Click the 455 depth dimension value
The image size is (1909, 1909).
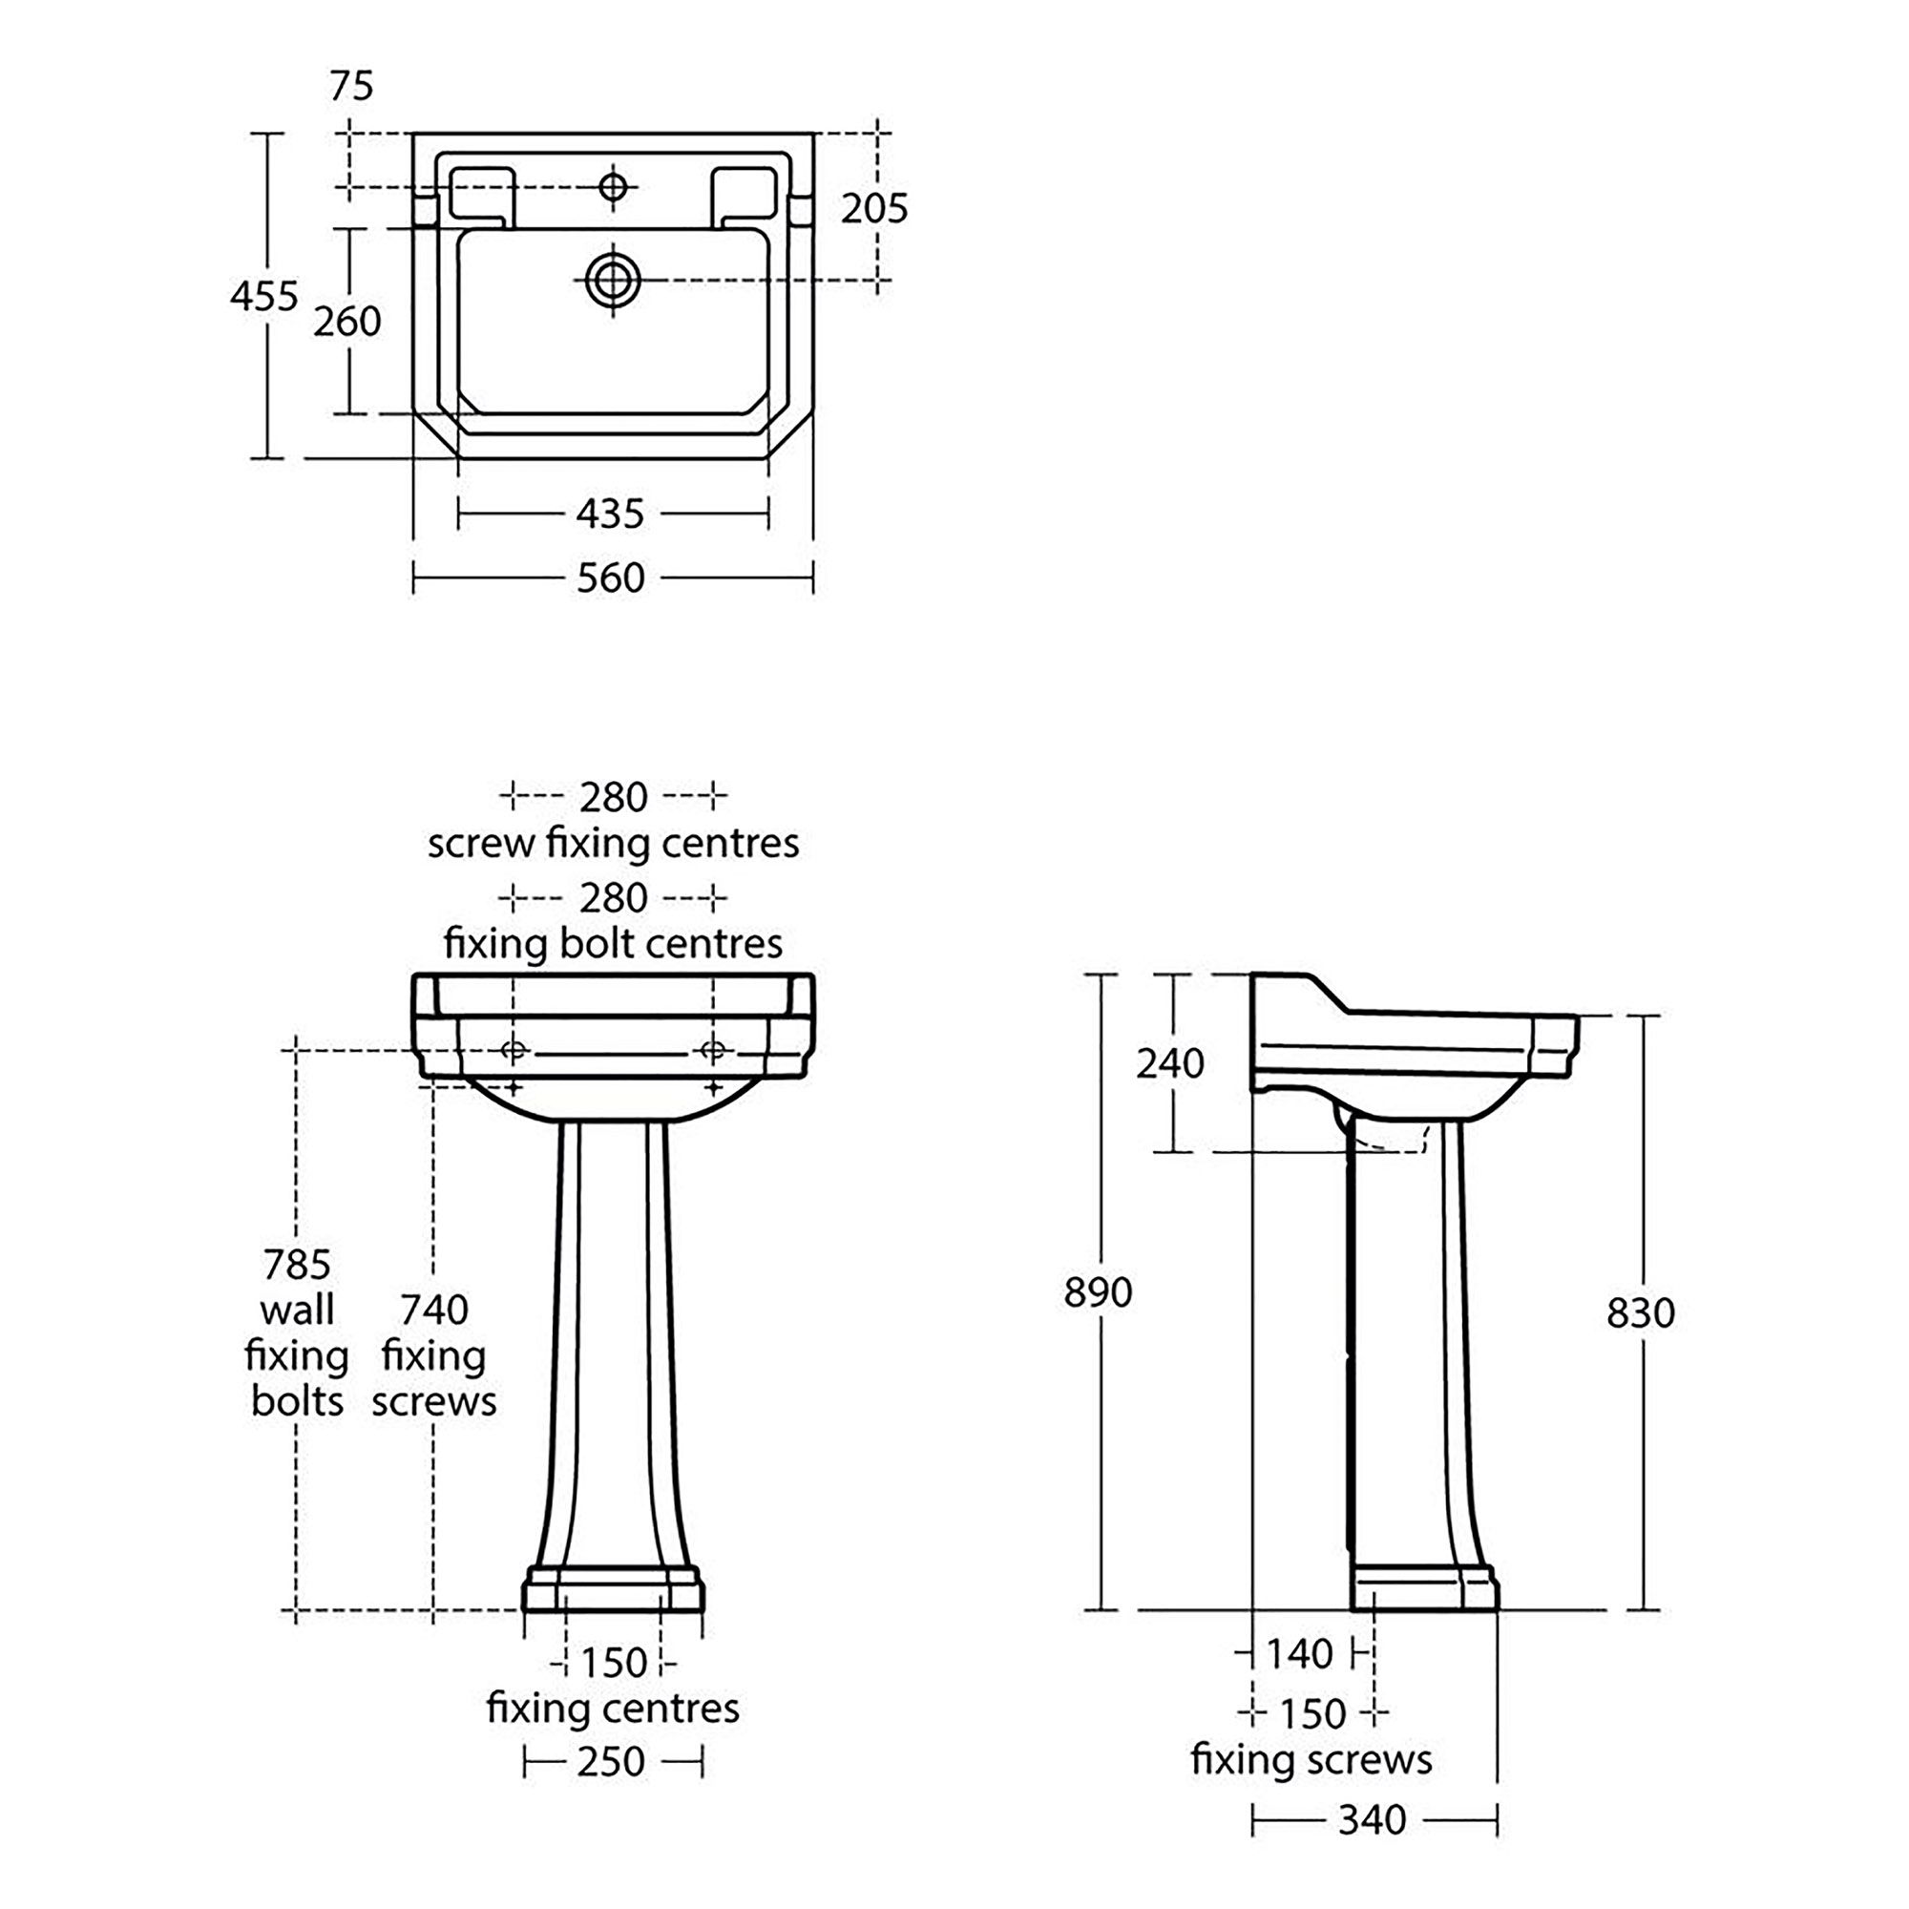263,296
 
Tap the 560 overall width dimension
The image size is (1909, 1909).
611,577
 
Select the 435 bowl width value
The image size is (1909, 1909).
611,514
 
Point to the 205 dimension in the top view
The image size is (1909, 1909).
874,208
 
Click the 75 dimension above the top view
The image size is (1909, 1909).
352,87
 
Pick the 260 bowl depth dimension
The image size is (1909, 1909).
347,321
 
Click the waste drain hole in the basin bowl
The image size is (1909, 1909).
613,281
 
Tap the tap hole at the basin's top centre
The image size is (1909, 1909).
613,186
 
